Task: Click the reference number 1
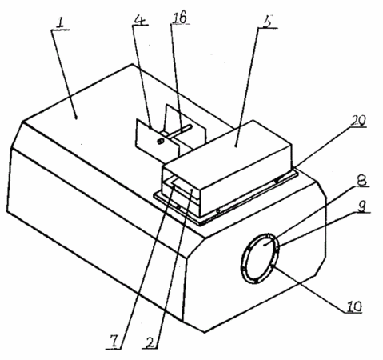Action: (60, 23)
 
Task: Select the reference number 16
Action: (180, 18)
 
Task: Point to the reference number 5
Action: (267, 22)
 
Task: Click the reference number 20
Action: (357, 121)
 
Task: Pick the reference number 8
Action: (361, 181)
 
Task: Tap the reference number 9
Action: (361, 206)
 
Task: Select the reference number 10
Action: (353, 306)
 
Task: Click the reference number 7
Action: (114, 342)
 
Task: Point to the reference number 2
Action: (150, 342)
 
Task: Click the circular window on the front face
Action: (260, 258)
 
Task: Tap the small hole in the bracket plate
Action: (160, 142)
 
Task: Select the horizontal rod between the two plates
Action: (178, 131)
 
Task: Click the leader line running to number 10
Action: (309, 289)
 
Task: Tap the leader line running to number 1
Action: (64, 74)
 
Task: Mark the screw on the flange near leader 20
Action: (277, 181)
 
